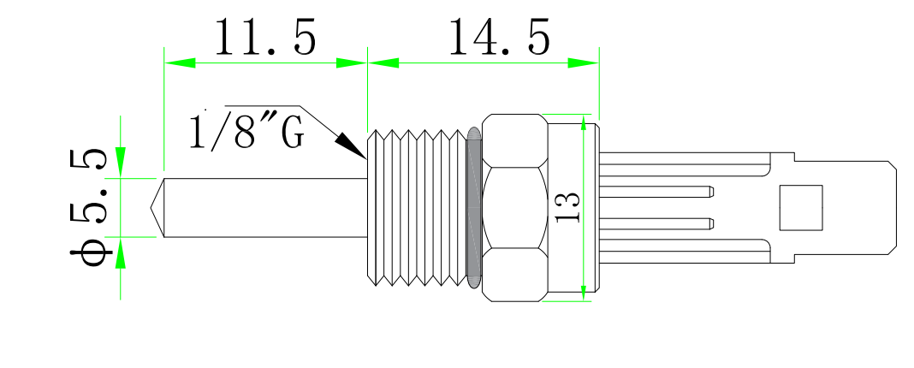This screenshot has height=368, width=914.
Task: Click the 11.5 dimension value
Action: [x=264, y=38]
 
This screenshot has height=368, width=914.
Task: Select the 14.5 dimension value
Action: [x=499, y=38]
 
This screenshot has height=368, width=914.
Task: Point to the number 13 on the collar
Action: [x=567, y=207]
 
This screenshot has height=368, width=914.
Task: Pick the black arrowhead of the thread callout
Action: [x=351, y=145]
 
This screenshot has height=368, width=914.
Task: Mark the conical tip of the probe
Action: [x=157, y=207]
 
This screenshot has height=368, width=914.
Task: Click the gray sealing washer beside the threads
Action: [x=475, y=208]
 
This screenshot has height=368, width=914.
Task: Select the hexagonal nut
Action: [x=513, y=208]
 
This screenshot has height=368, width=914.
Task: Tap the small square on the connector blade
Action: [x=800, y=207]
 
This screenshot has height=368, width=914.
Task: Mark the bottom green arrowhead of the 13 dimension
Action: [x=584, y=292]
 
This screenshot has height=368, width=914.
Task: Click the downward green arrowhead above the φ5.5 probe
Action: [x=121, y=162]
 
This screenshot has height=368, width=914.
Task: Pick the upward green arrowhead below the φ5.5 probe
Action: [x=121, y=252]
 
